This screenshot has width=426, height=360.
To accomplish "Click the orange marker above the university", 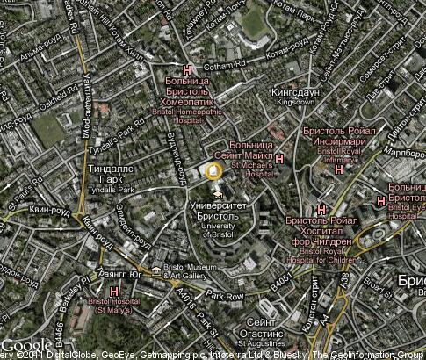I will [x=213, y=169].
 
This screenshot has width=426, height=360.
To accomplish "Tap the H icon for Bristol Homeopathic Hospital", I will [x=186, y=70].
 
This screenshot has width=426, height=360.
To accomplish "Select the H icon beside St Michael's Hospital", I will [x=279, y=158].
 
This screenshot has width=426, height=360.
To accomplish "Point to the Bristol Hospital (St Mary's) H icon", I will [x=114, y=290].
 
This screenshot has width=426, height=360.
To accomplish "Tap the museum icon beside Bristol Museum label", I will [x=155, y=271].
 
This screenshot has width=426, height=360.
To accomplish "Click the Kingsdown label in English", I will [x=295, y=102].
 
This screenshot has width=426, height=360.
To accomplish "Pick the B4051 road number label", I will [x=280, y=283].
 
